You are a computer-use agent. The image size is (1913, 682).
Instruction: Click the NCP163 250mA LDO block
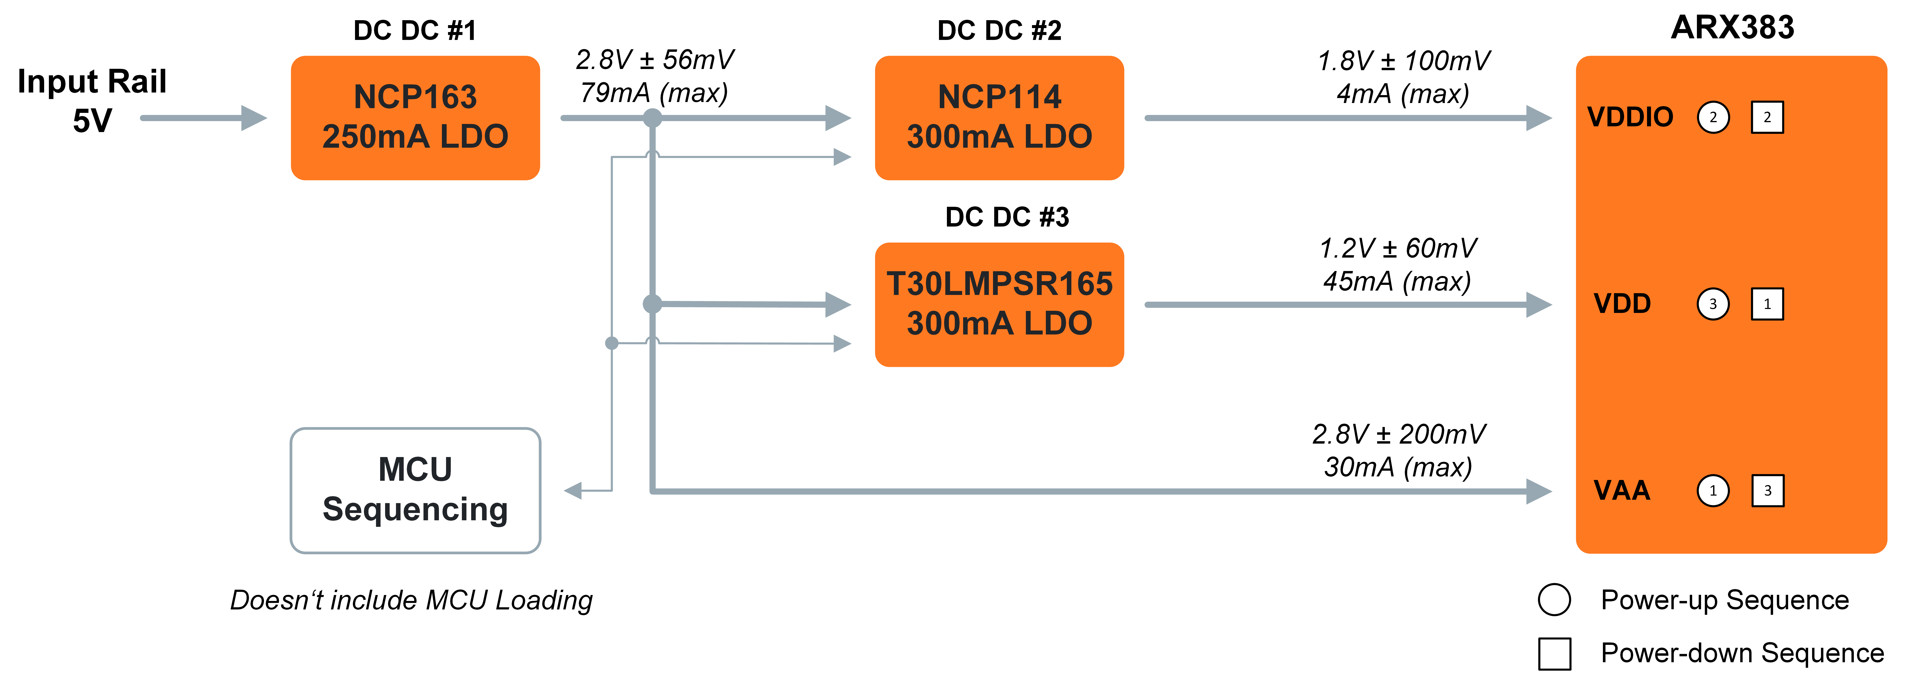click(x=415, y=117)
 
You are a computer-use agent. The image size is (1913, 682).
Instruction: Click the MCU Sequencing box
click(x=415, y=490)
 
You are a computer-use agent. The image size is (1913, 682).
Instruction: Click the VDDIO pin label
click(x=1630, y=117)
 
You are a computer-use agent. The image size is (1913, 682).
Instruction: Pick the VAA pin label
click(x=1622, y=490)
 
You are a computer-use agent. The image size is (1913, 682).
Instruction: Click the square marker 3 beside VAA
click(x=1767, y=490)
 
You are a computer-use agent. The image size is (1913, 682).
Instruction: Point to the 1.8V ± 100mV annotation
click(x=1403, y=61)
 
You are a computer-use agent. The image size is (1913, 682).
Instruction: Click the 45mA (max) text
click(x=1397, y=281)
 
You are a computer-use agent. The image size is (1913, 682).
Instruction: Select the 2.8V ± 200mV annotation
click(x=1398, y=434)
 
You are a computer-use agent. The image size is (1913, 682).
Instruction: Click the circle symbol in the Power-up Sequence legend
click(x=1554, y=600)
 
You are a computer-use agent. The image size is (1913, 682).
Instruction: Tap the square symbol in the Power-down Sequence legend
click(x=1554, y=653)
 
